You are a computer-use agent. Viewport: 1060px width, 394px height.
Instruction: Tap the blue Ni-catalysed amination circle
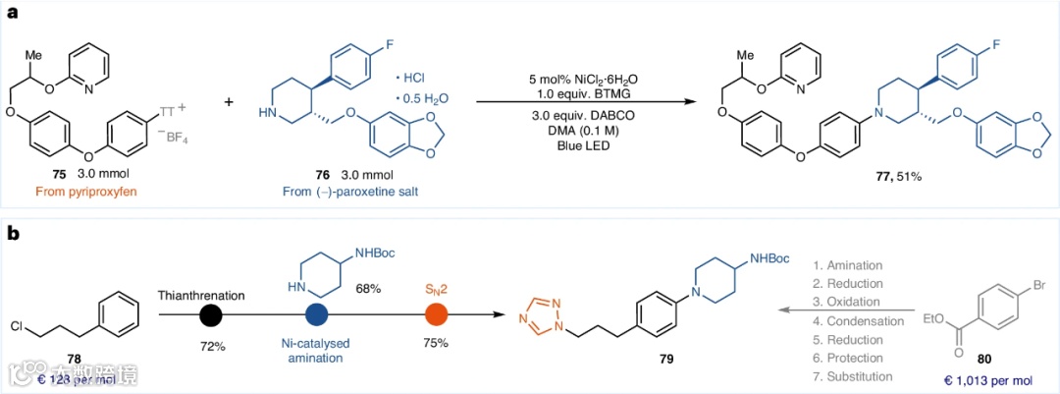[317, 315]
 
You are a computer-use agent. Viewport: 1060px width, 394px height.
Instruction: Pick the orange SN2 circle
[437, 315]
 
